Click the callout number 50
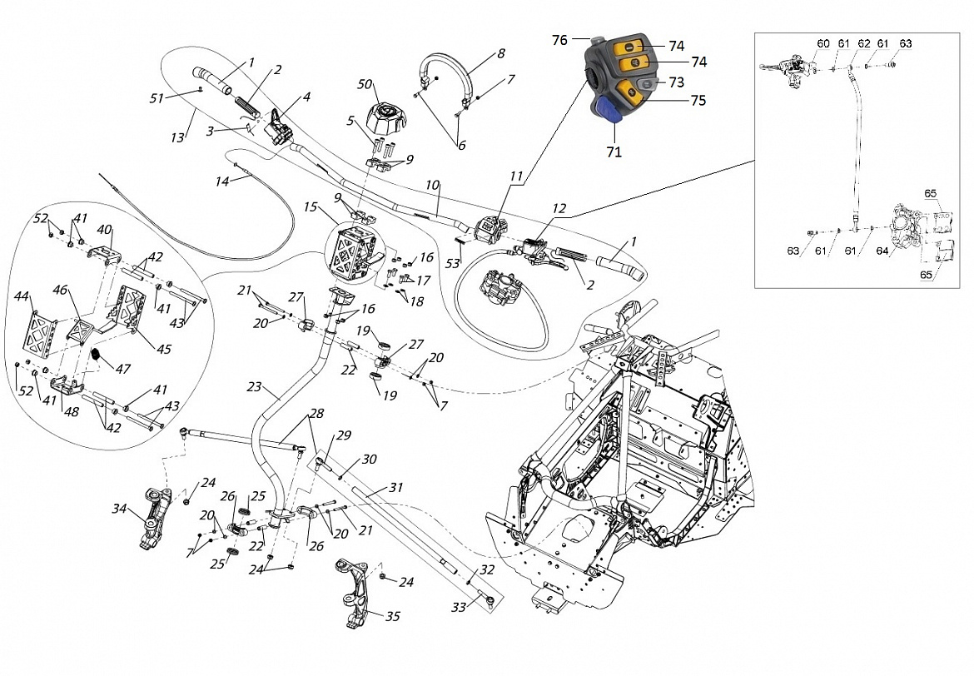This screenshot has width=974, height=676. (365, 85)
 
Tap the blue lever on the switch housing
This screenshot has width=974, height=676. (606, 111)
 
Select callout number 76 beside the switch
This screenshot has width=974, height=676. (559, 39)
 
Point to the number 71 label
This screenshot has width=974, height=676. (614, 152)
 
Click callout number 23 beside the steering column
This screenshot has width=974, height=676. (254, 387)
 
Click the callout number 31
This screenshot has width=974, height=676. (395, 487)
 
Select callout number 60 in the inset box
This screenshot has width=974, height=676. (822, 43)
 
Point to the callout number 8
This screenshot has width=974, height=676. (501, 53)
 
